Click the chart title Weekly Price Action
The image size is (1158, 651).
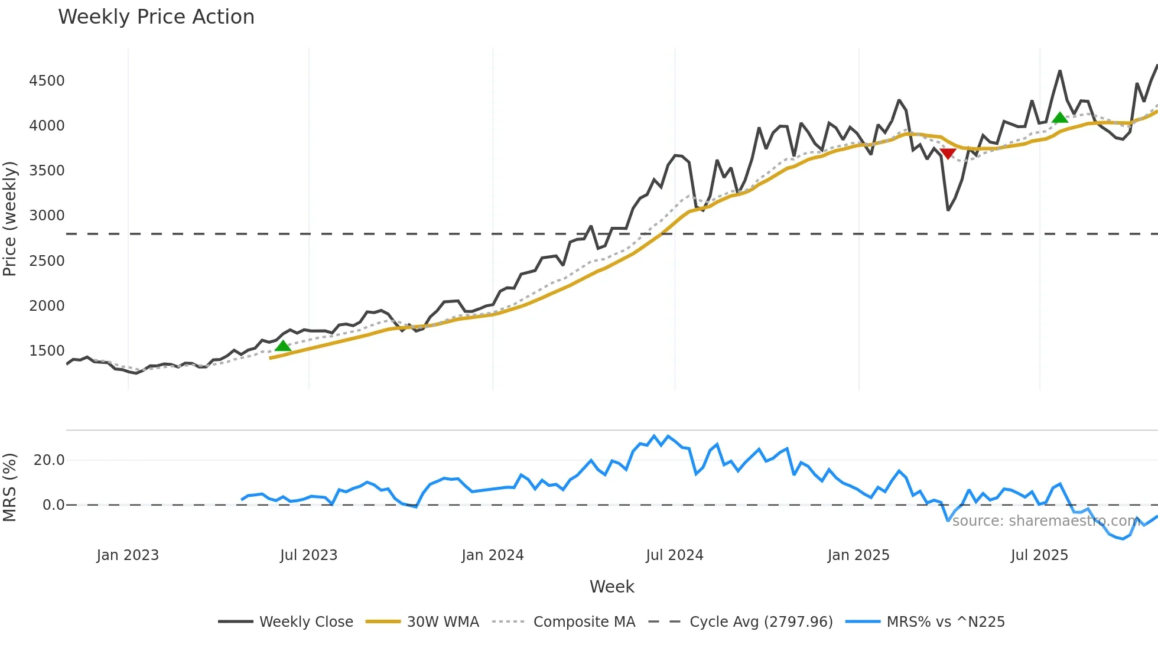tap(156, 17)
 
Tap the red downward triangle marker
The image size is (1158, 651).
tap(948, 154)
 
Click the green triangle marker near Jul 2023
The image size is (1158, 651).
tap(283, 346)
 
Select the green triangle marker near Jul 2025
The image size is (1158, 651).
tap(1060, 118)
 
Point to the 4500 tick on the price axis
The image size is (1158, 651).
tap(47, 81)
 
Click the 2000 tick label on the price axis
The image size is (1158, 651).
tap(47, 306)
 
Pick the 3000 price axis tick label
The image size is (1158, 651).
tap(47, 216)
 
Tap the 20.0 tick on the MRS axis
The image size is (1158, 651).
tap(49, 460)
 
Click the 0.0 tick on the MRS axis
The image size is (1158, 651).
tap(53, 505)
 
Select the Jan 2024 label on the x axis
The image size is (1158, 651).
tap(493, 555)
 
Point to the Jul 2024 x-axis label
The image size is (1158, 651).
tap(674, 555)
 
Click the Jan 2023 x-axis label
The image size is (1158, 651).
tap(128, 555)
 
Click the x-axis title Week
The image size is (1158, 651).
tap(611, 587)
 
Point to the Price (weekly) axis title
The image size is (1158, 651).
tap(10, 219)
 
